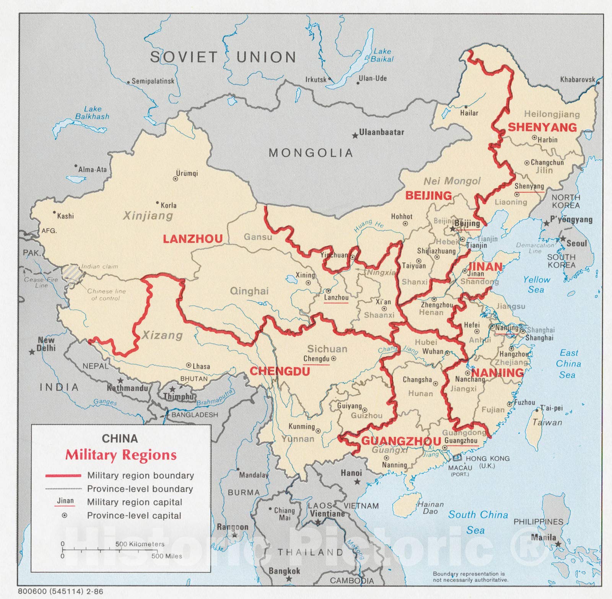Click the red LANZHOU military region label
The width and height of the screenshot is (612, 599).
coord(193,239)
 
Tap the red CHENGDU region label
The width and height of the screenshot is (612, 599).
coord(280,371)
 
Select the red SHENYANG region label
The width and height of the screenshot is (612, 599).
coord(542,127)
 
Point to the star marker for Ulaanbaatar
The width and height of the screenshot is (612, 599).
coord(355,135)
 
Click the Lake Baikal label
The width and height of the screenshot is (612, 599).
coord(382,55)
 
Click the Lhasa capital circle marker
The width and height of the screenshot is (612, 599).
coord(189,366)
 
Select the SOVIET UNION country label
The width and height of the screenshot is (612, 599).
coord(223,57)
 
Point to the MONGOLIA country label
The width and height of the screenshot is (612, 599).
coord(311,153)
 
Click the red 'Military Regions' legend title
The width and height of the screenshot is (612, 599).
coord(121,455)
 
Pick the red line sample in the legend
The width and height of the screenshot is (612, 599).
coord(63,475)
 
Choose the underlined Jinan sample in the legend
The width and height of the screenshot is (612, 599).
coord(65,501)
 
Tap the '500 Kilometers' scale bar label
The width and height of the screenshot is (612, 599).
coord(140,544)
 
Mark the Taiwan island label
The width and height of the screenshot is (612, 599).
coord(547,422)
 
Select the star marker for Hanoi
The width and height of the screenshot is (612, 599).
coord(357,481)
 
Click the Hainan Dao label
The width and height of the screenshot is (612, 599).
coord(430,508)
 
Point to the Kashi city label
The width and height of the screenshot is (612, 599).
coord(65,216)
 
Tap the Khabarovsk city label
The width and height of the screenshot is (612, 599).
coord(578,80)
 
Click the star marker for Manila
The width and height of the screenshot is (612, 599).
coord(558,544)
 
